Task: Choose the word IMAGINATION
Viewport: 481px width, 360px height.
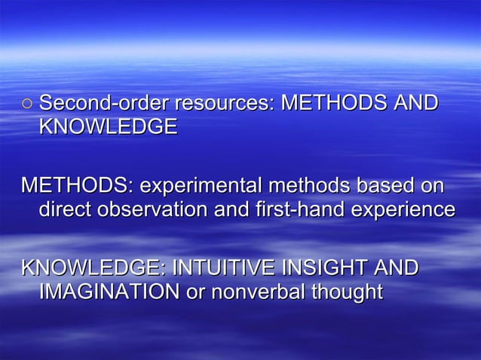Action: [x=109, y=291]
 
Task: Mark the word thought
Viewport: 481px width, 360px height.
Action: [x=348, y=292]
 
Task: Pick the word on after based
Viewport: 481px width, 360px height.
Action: [x=434, y=185]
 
